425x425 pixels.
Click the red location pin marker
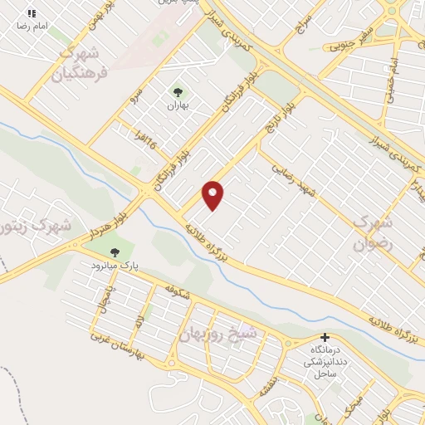(x=214, y=195)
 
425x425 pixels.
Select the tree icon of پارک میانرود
(x=115, y=252)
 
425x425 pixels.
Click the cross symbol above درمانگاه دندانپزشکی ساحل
(x=325, y=339)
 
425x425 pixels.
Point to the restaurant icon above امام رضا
(x=32, y=14)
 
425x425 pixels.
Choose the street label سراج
(x=304, y=22)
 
